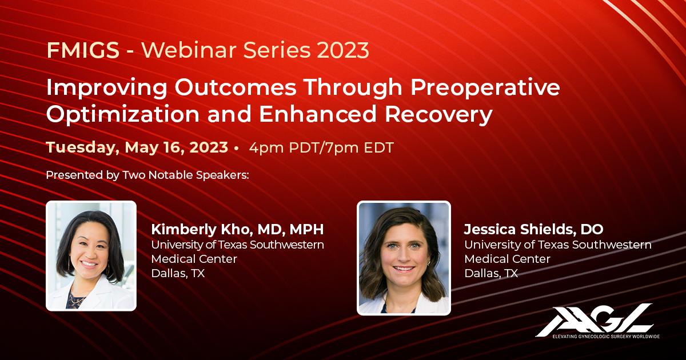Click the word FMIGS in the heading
[83, 51]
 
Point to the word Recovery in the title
[438, 114]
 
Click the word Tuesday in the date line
[81, 147]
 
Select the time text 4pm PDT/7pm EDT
[321, 148]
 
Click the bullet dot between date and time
[237, 148]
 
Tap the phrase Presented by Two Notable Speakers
[147, 175]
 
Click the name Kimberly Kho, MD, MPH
[237, 230]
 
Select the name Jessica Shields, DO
[533, 230]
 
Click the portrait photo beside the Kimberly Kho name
[91, 255]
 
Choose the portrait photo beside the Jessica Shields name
[404, 258]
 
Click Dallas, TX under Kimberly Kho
[178, 273]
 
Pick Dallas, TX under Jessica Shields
[490, 273]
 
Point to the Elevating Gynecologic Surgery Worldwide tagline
[605, 337]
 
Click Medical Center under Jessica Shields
[507, 259]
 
